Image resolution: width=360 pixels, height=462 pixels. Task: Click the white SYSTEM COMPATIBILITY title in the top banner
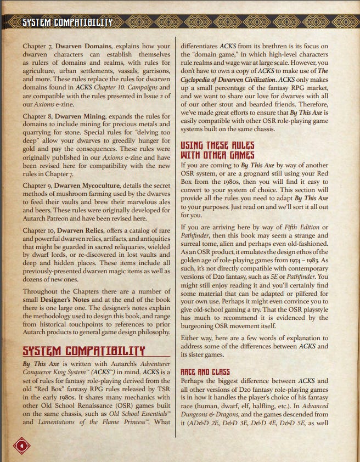coord(67,22)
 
